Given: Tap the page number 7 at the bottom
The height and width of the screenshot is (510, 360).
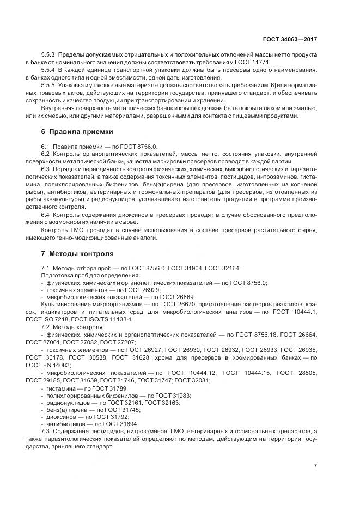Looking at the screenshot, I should point(316,465).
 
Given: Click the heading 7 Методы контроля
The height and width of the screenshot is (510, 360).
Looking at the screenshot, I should point(77,254).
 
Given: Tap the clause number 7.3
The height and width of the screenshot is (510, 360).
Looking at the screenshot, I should point(46,430).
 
